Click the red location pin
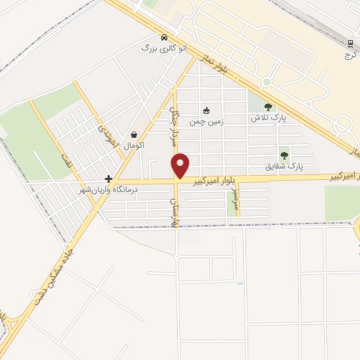pyautogui.click(x=181, y=165)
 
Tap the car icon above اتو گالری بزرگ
pyautogui.click(x=163, y=37)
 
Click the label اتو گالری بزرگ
pyautogui.click(x=157, y=49)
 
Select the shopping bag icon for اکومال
pyautogui.click(x=134, y=134)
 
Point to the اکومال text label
pyautogui.click(x=134, y=146)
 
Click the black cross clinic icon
pyautogui.click(x=108, y=179)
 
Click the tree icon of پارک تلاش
pyautogui.click(x=267, y=107)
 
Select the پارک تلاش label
pyautogui.click(x=267, y=118)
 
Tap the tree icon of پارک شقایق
pyautogui.click(x=284, y=155)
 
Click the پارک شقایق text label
pyautogui.click(x=284, y=167)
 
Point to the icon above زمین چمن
pyautogui.click(x=207, y=110)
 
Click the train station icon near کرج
pyautogui.click(x=350, y=43)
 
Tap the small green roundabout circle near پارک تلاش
pyautogui.click(x=266, y=82)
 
